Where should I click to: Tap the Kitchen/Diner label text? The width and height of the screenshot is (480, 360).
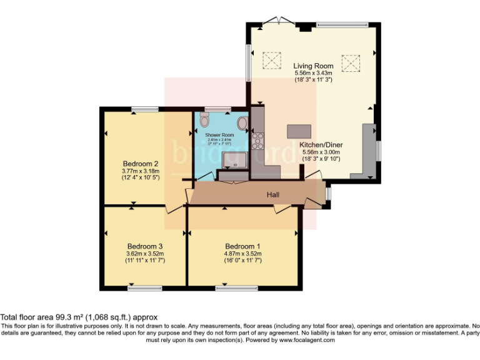tap(321, 144)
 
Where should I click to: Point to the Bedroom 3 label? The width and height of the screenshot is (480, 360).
tap(144, 246)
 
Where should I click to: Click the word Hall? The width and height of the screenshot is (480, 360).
tap(273, 195)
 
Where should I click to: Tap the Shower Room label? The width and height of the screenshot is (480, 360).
tap(219, 135)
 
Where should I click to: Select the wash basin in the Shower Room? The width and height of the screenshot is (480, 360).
tap(242, 122)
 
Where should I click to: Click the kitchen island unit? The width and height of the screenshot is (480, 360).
tap(299, 131)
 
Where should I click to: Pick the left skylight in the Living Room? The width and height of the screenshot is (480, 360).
tap(271, 61)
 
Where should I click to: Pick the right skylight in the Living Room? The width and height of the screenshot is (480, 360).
tap(352, 61)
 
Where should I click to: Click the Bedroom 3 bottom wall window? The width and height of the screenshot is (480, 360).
tap(144, 288)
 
